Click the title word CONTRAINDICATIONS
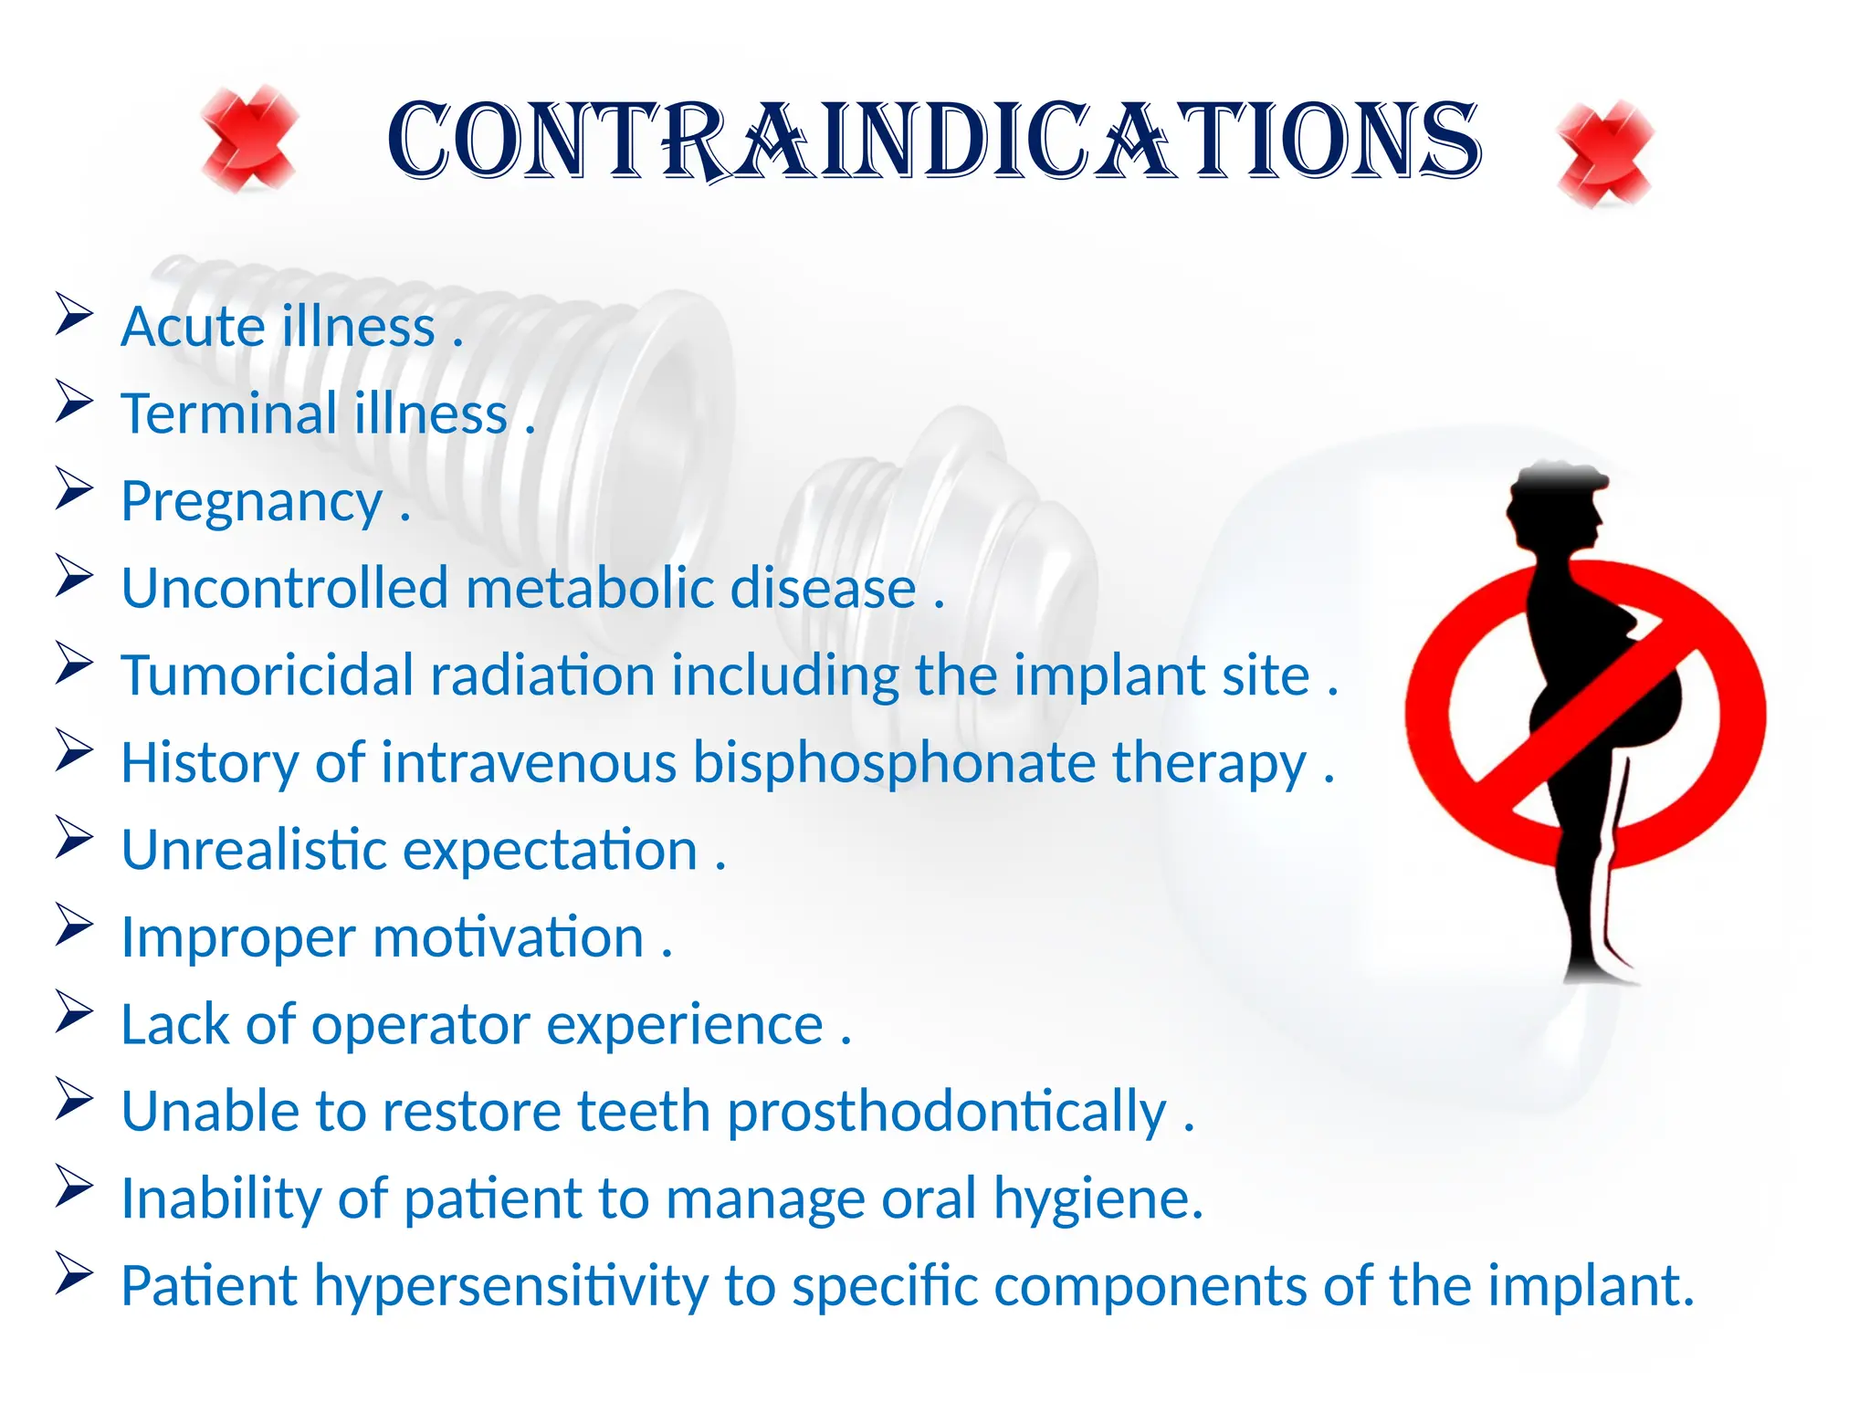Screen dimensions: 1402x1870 933,141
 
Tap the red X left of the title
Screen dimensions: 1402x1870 249,139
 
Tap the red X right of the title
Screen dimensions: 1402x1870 1605,153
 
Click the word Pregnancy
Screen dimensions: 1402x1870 251,503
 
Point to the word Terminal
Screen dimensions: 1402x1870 229,414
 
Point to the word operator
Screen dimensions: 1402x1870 420,1024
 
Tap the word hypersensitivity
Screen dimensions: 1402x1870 511,1286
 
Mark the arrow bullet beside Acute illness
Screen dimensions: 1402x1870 74,314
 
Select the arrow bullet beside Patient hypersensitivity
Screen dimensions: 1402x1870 74,1273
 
